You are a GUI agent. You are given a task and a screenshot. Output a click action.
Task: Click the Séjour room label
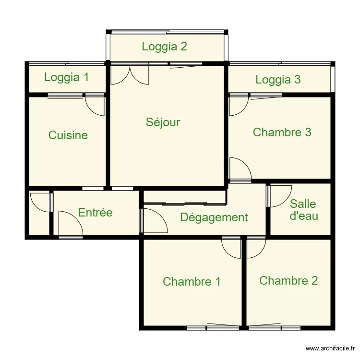(x=163, y=122)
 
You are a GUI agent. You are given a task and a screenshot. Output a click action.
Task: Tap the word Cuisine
(x=68, y=135)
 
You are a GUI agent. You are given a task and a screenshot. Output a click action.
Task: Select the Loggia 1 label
(x=66, y=77)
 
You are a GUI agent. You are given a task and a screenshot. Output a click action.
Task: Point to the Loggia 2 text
(x=164, y=47)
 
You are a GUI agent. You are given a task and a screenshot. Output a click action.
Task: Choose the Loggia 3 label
(x=278, y=80)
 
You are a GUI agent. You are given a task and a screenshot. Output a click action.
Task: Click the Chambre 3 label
(x=282, y=132)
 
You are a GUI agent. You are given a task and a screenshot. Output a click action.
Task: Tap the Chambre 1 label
(x=192, y=282)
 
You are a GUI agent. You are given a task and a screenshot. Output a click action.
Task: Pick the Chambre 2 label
(x=288, y=280)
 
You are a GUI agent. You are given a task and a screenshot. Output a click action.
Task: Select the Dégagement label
(x=214, y=217)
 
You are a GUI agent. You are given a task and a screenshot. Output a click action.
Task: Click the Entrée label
(x=95, y=213)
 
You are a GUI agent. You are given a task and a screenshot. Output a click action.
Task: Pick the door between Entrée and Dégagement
(x=154, y=220)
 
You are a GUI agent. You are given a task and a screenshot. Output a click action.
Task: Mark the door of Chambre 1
(x=231, y=247)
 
